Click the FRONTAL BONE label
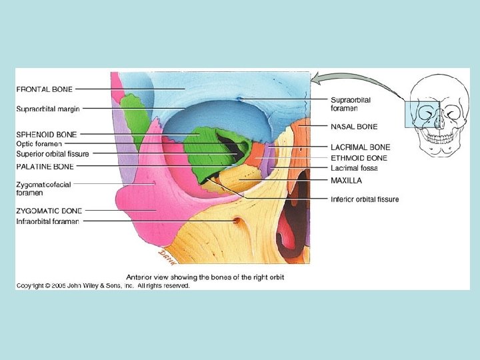(x=45, y=88)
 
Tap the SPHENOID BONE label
(x=46, y=134)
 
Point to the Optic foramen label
(x=39, y=143)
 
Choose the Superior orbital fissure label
(x=52, y=154)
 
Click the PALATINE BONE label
(x=45, y=165)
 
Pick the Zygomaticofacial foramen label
(x=43, y=188)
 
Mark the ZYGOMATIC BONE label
(x=48, y=211)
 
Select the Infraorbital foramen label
(x=47, y=221)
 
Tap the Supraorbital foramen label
(x=351, y=103)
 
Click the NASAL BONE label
(x=354, y=126)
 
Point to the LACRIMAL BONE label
(x=361, y=147)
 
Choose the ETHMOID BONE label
(x=359, y=158)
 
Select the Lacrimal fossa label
(x=354, y=169)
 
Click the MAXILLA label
(x=347, y=180)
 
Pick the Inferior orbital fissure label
(x=365, y=199)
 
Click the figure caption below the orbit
(x=205, y=276)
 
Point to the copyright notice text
(x=103, y=285)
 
